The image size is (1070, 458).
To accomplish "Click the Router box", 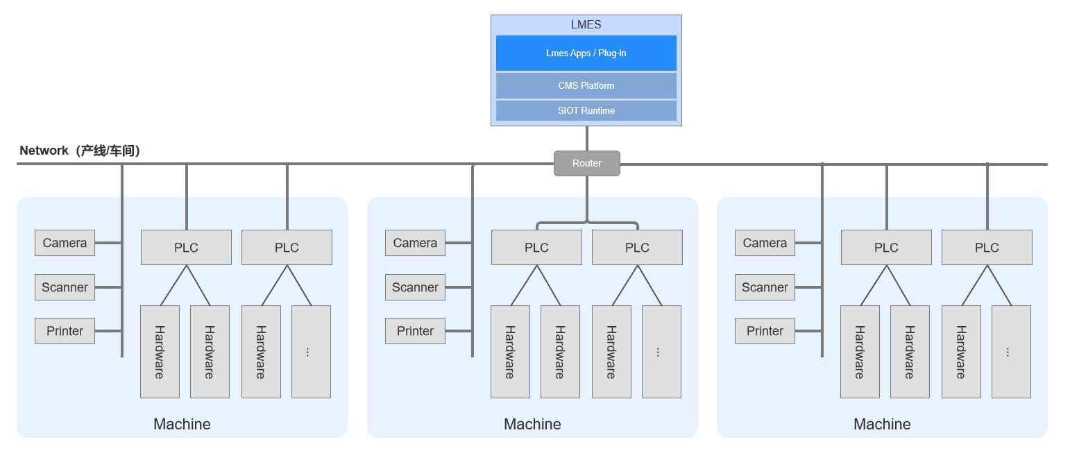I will pos(586,164).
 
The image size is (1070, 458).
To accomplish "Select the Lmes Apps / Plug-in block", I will pos(586,53).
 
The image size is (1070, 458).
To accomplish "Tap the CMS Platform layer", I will pos(586,86).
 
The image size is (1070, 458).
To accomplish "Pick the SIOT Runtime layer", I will pos(586,111).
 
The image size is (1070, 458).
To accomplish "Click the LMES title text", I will pos(586,25).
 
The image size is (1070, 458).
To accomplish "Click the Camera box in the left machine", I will pos(65,243).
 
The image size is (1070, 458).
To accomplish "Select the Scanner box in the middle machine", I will pos(415,287).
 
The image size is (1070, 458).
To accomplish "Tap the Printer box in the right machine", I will pos(765,331).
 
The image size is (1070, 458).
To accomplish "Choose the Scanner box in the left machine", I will pos(65,287).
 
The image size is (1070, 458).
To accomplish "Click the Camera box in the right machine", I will pos(765,243).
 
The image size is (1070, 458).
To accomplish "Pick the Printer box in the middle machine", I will pos(415,331).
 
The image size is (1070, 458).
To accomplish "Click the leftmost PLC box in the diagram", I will pos(186,248).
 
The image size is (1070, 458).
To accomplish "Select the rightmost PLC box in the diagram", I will pos(987,248).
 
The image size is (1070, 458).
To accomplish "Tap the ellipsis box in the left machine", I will pos(311,352).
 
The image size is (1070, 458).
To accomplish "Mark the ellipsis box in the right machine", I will pos(1011,352).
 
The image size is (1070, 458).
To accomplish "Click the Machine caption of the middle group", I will pos(532,424).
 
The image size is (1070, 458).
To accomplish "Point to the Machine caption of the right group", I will pos(882,424).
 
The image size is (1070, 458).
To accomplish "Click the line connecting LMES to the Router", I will pos(586,139).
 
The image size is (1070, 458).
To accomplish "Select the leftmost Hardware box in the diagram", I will pos(160,352).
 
